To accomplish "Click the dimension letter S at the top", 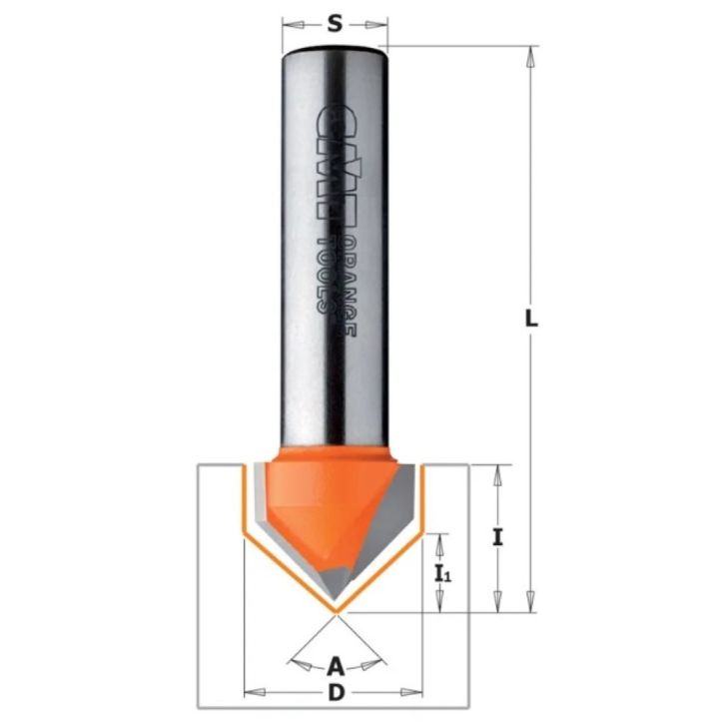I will pos(336,26).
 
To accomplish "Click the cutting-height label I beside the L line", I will pos(497,537).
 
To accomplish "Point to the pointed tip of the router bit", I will pos(336,610).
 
